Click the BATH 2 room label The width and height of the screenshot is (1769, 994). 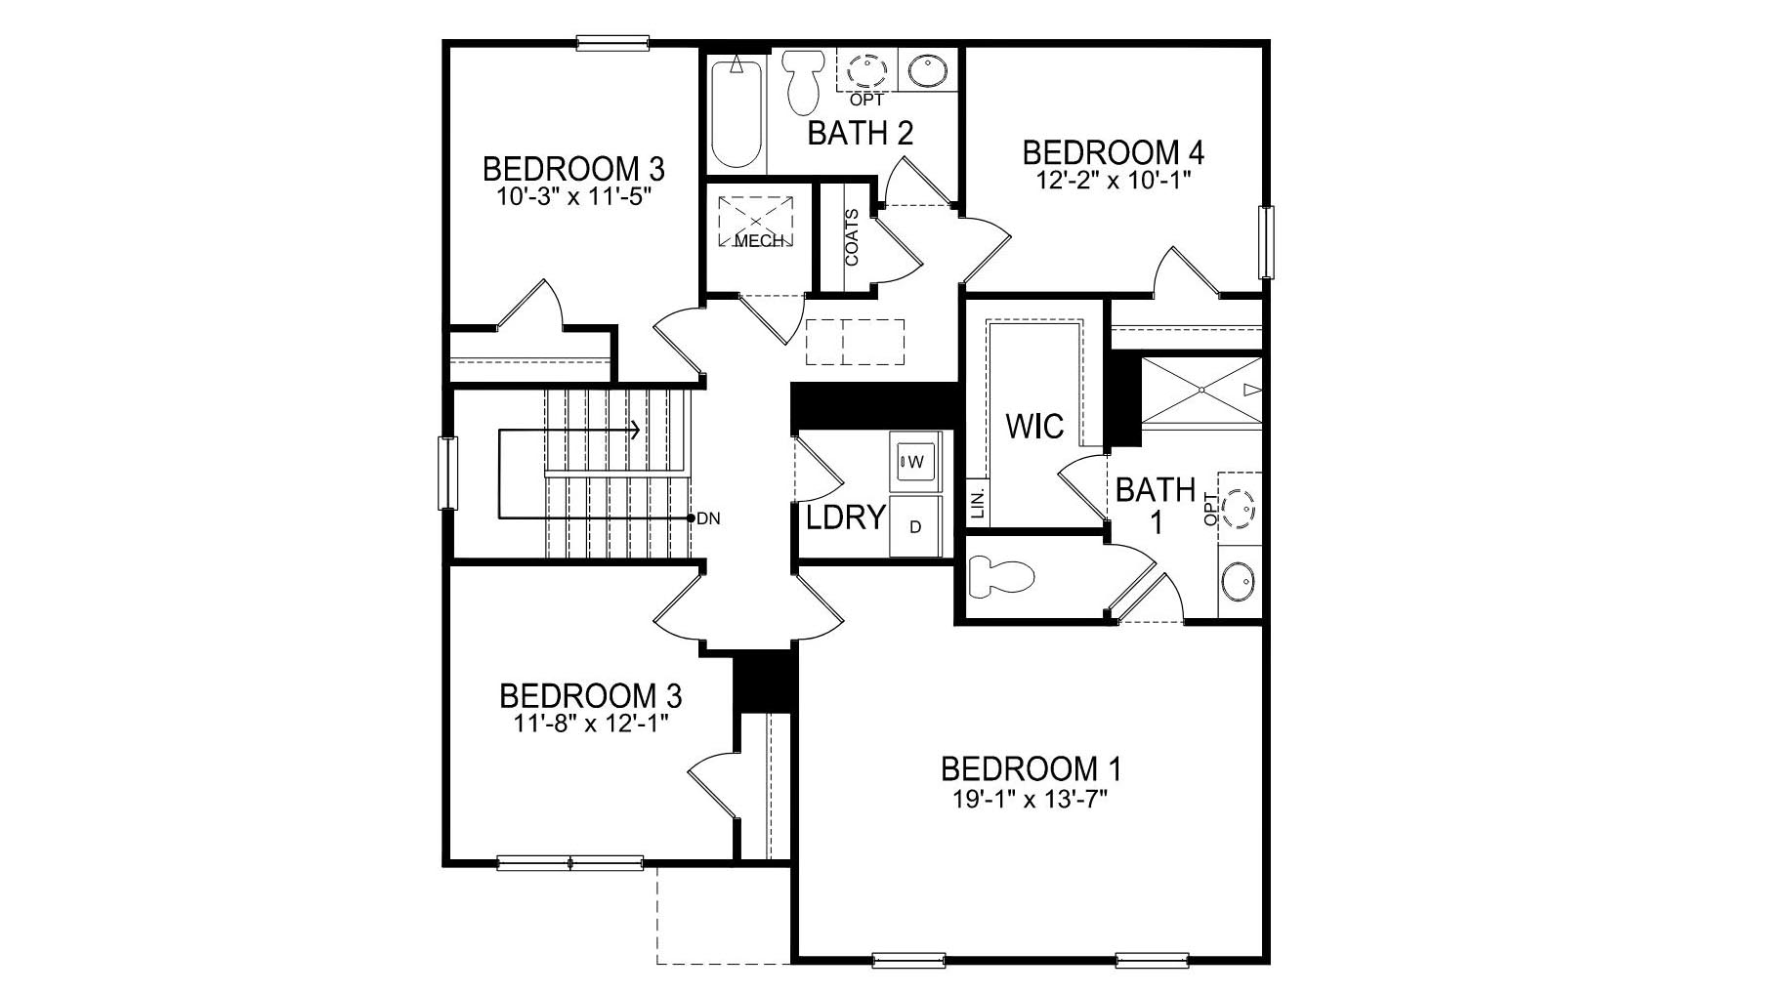pos(860,133)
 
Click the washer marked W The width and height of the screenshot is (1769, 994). pos(915,461)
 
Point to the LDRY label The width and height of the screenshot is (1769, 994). pos(845,518)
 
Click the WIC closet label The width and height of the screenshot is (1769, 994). pos(1034,426)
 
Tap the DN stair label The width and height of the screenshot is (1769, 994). pos(709,518)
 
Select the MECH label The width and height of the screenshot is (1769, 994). pos(758,241)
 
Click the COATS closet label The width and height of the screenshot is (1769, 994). pos(852,237)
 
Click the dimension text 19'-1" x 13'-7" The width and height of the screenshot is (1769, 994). pos(1034,800)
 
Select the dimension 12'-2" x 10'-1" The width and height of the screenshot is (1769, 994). pos(1113,180)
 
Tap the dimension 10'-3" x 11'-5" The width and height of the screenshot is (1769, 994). pos(573,196)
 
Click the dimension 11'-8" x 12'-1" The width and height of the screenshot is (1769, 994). pos(590,724)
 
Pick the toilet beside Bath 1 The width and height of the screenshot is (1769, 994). pos(998,576)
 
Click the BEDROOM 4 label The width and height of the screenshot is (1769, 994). pos(1113,152)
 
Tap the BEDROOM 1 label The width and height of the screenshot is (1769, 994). pos(1032,768)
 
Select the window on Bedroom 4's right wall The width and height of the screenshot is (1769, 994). pos(1267,241)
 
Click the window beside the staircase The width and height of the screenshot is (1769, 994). pos(448,473)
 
